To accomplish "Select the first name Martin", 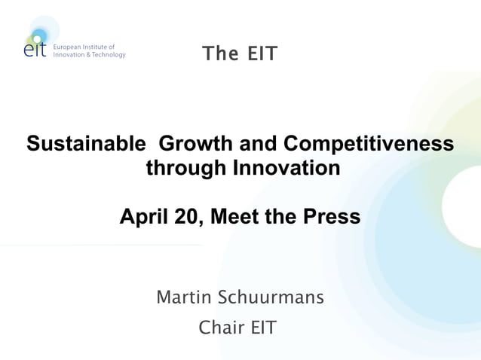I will (183, 297).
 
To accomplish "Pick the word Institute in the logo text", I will (102, 47).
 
